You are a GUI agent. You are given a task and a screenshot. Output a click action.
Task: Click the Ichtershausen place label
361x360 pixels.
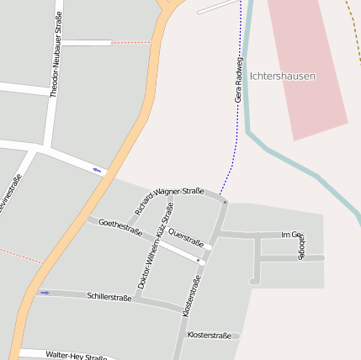coord(283,76)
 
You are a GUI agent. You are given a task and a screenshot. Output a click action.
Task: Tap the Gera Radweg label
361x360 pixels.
coord(239,80)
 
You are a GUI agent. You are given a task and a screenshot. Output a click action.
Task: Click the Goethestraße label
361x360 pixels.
coord(120,227)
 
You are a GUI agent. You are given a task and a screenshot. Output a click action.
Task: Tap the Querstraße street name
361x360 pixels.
coord(186,237)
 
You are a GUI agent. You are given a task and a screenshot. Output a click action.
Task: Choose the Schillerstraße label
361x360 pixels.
coord(109,298)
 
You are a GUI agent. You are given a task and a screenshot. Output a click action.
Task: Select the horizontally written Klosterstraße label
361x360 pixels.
coord(210,336)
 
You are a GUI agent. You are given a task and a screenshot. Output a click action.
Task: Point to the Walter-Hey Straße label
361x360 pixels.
coord(77,356)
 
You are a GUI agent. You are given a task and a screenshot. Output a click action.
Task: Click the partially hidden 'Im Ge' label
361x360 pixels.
coord(291,235)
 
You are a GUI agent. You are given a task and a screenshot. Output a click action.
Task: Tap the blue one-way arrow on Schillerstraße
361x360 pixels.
coord(45,293)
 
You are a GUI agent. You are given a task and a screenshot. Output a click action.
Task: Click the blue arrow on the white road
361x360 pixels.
coord(98,171)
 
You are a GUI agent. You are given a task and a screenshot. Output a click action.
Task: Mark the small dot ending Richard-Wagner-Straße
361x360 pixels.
coord(225,203)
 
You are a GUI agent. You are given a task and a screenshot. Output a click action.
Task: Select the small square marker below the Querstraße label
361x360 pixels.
coord(199,261)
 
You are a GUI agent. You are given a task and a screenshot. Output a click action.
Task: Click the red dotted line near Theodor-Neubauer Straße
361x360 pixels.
coord(130,42)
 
